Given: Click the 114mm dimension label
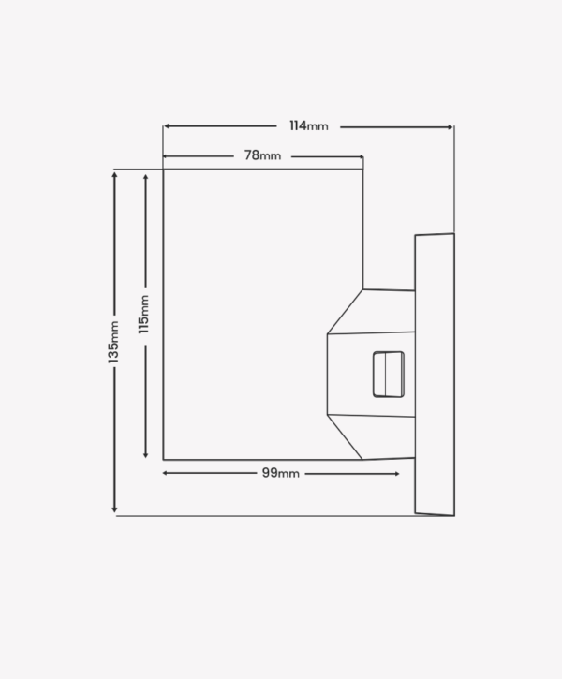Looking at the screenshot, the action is tap(309, 126).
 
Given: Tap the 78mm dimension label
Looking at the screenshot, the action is tap(262, 155).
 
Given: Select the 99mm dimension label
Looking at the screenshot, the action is tap(281, 473).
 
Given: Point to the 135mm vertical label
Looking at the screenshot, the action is tap(113, 342).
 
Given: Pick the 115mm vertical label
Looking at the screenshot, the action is tap(143, 314).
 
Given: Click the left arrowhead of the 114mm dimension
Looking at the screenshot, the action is tap(167, 126).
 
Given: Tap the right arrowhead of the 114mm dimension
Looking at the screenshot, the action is tap(451, 127).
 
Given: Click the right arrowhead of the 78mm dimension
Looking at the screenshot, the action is tap(362, 156).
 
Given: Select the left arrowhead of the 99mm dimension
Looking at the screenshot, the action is tap(166, 473).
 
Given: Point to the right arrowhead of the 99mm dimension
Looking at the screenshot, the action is tap(396, 474).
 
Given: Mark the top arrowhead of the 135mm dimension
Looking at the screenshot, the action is tap(114, 174).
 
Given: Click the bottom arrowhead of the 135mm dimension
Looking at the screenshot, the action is tap(114, 509).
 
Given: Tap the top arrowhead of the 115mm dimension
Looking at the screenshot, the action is tap(145, 177).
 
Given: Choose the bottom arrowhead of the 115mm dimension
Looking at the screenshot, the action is tap(145, 454).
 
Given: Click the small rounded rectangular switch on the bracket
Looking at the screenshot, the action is tap(389, 374).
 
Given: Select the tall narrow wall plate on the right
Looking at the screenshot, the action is tap(435, 375).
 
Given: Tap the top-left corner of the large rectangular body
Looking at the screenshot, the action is tap(163, 170).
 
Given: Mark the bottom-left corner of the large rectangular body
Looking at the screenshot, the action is tap(163, 460).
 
